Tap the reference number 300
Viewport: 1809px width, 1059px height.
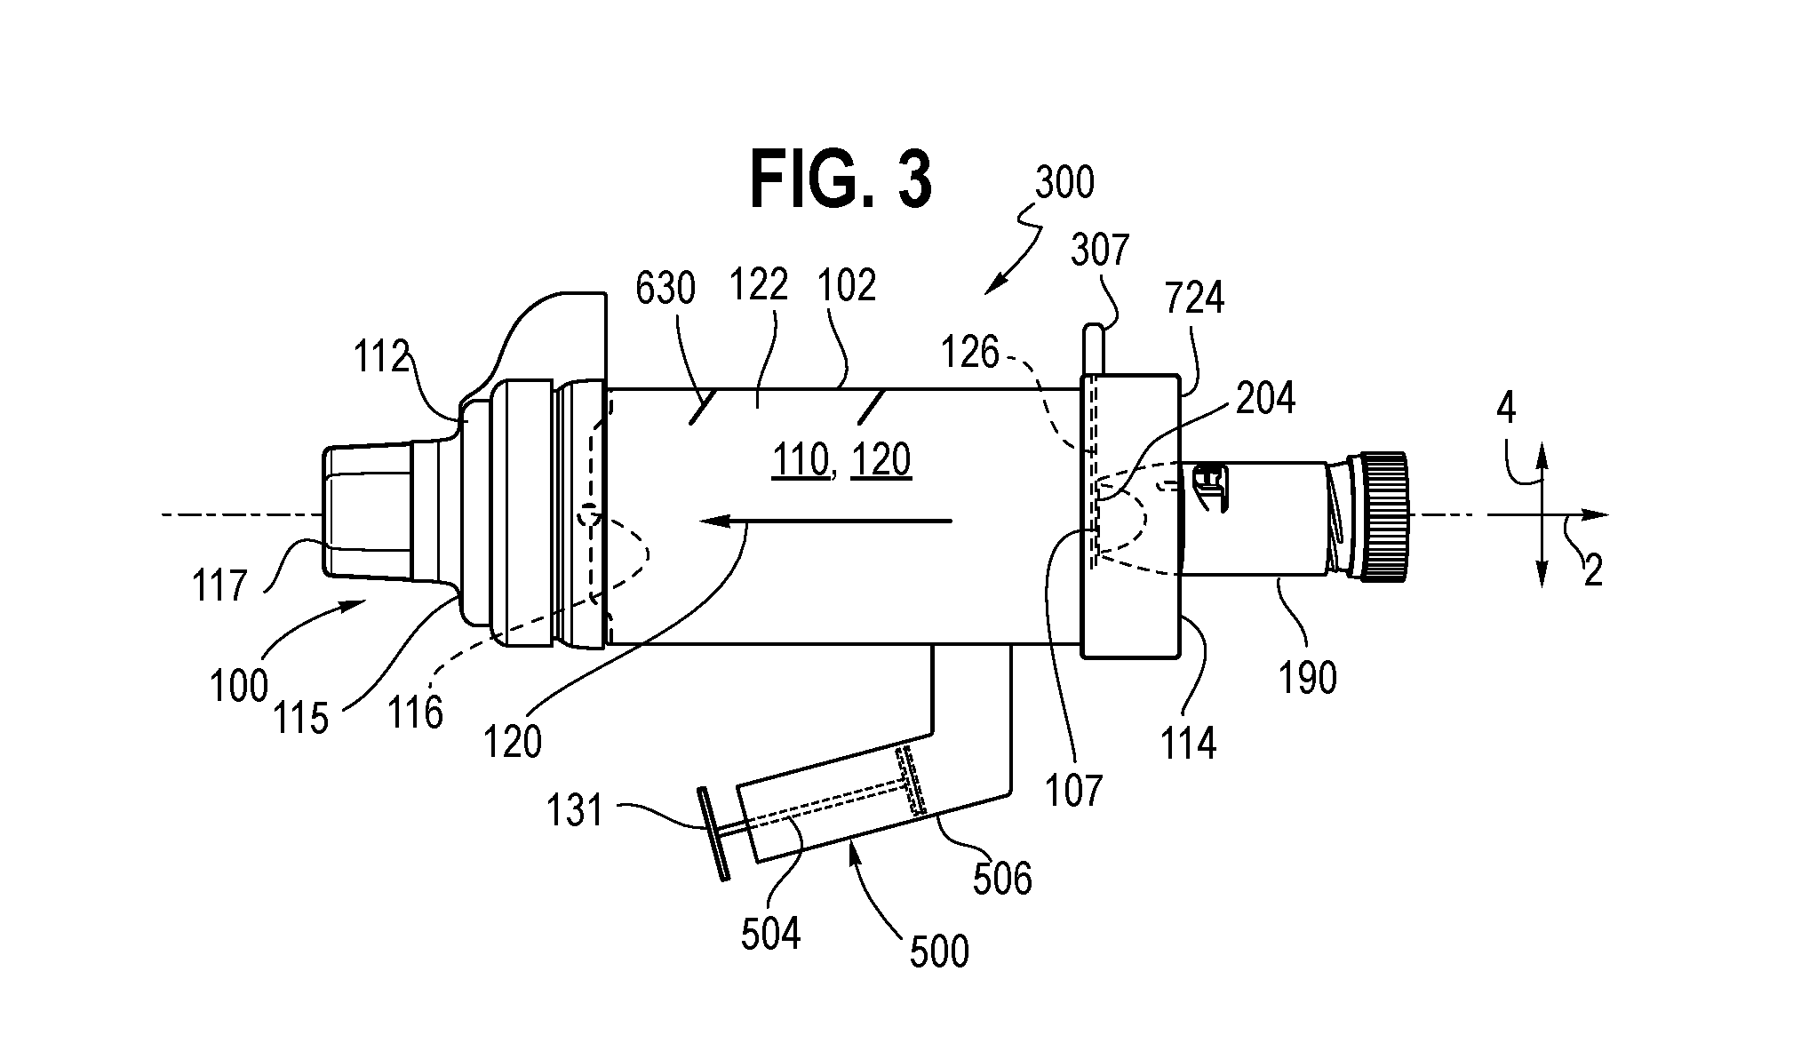pos(1064,184)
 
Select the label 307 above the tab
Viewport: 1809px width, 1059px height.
pos(1099,251)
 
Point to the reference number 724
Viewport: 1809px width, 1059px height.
pos(1195,299)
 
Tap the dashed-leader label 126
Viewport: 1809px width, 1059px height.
pos(971,354)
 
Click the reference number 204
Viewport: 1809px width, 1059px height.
pos(1265,400)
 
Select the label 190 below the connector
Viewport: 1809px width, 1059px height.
pos(1307,679)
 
